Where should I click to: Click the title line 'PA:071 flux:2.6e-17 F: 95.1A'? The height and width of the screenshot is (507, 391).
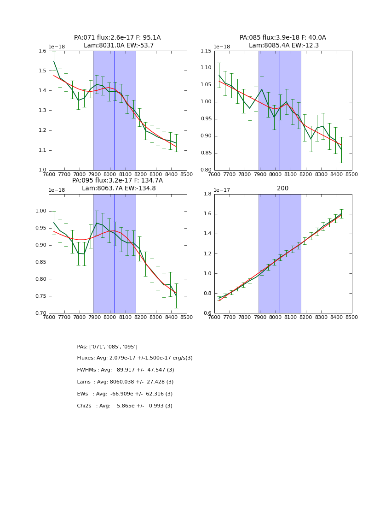click(117, 38)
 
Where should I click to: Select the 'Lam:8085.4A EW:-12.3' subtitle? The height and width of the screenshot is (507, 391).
click(283, 46)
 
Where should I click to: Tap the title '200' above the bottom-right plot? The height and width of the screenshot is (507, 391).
click(282, 188)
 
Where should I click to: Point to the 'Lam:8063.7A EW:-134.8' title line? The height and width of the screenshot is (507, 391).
click(119, 188)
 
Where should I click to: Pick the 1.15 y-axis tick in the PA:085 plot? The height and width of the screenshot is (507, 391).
click(206, 51)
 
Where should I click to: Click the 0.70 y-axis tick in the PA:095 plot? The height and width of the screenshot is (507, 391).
click(40, 313)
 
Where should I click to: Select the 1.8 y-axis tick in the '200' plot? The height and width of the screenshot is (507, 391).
click(208, 194)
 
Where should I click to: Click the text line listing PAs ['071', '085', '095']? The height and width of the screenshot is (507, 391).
click(107, 347)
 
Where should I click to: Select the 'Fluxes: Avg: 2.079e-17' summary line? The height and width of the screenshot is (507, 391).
click(135, 358)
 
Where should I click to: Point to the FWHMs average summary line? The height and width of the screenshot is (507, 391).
click(126, 370)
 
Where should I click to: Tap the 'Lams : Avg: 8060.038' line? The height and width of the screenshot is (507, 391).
click(125, 382)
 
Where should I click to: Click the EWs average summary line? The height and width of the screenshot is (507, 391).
click(125, 394)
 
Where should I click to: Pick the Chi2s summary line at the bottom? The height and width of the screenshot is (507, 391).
click(125, 406)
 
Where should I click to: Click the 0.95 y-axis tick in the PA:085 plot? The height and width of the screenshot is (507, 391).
click(206, 119)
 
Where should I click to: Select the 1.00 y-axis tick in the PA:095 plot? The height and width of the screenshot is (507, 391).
click(40, 211)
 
